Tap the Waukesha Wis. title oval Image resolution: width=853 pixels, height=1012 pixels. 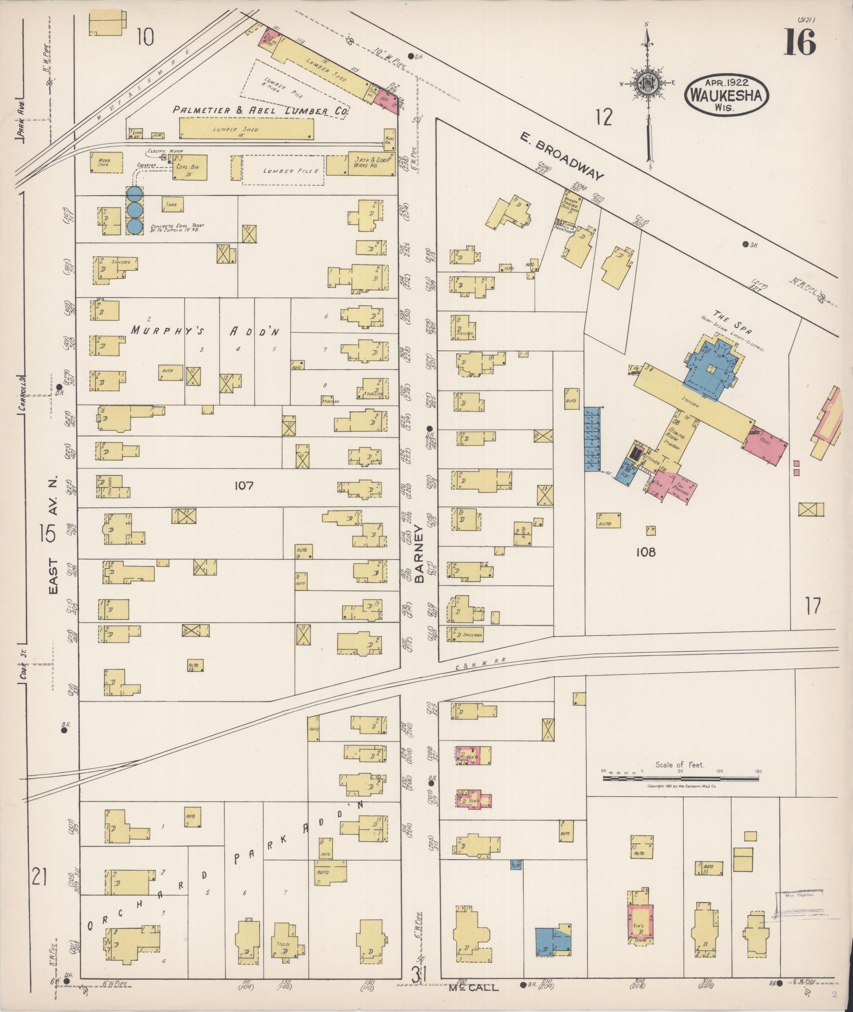[x=727, y=95]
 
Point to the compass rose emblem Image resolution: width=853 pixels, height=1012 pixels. [x=646, y=84]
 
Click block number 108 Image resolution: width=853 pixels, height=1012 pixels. [x=645, y=552]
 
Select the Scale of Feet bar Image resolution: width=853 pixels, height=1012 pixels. [x=681, y=779]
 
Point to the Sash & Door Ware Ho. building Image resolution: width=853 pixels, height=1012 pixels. [x=371, y=164]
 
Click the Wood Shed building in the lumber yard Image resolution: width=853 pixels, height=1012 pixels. [x=106, y=162]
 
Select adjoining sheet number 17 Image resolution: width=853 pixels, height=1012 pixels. [x=813, y=606]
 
